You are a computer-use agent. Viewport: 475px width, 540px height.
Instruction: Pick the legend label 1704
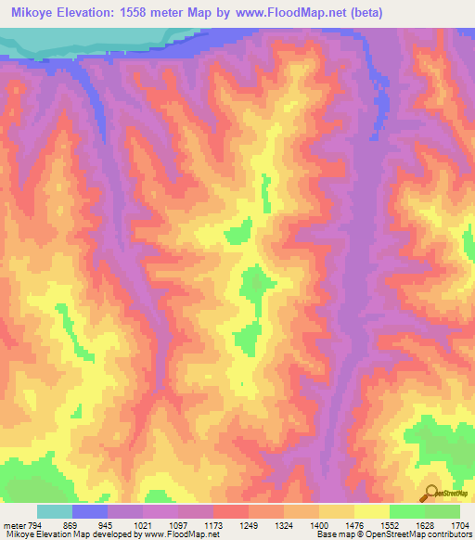461,524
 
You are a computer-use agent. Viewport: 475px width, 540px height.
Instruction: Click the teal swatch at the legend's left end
55,511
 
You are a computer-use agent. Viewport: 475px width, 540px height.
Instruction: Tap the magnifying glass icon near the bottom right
432,493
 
